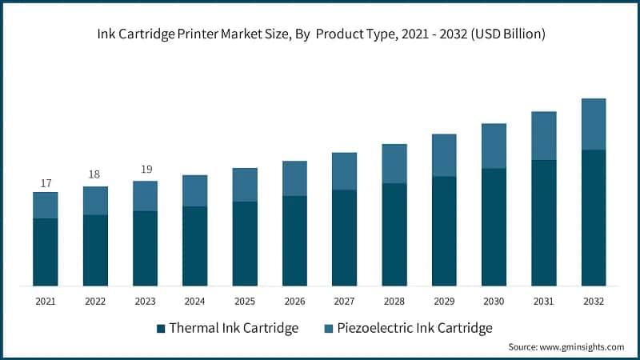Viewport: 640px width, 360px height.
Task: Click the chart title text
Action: click(320, 34)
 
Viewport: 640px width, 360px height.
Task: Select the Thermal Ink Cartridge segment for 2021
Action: click(46, 252)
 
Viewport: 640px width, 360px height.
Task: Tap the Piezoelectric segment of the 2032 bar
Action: click(594, 124)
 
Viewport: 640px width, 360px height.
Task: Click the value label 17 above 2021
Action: click(46, 183)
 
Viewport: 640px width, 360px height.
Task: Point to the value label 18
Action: click(95, 175)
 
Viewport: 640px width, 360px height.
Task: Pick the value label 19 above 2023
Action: click(145, 170)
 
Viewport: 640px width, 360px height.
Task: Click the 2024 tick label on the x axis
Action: click(194, 302)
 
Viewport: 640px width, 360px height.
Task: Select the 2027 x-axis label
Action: click(344, 302)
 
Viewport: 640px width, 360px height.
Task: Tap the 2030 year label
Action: click(494, 302)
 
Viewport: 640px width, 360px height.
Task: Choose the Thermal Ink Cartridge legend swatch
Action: click(161, 328)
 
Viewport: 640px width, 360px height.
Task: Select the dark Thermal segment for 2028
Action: click(394, 234)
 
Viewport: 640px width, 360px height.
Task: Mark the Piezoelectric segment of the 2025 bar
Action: click(245, 185)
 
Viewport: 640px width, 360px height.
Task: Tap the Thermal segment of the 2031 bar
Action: click(544, 222)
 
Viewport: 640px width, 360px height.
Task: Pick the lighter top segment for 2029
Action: click(444, 155)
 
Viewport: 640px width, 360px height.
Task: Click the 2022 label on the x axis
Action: click(95, 302)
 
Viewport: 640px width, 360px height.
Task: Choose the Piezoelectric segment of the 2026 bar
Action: click(294, 178)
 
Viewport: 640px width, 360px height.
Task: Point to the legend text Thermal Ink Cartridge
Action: click(233, 328)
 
